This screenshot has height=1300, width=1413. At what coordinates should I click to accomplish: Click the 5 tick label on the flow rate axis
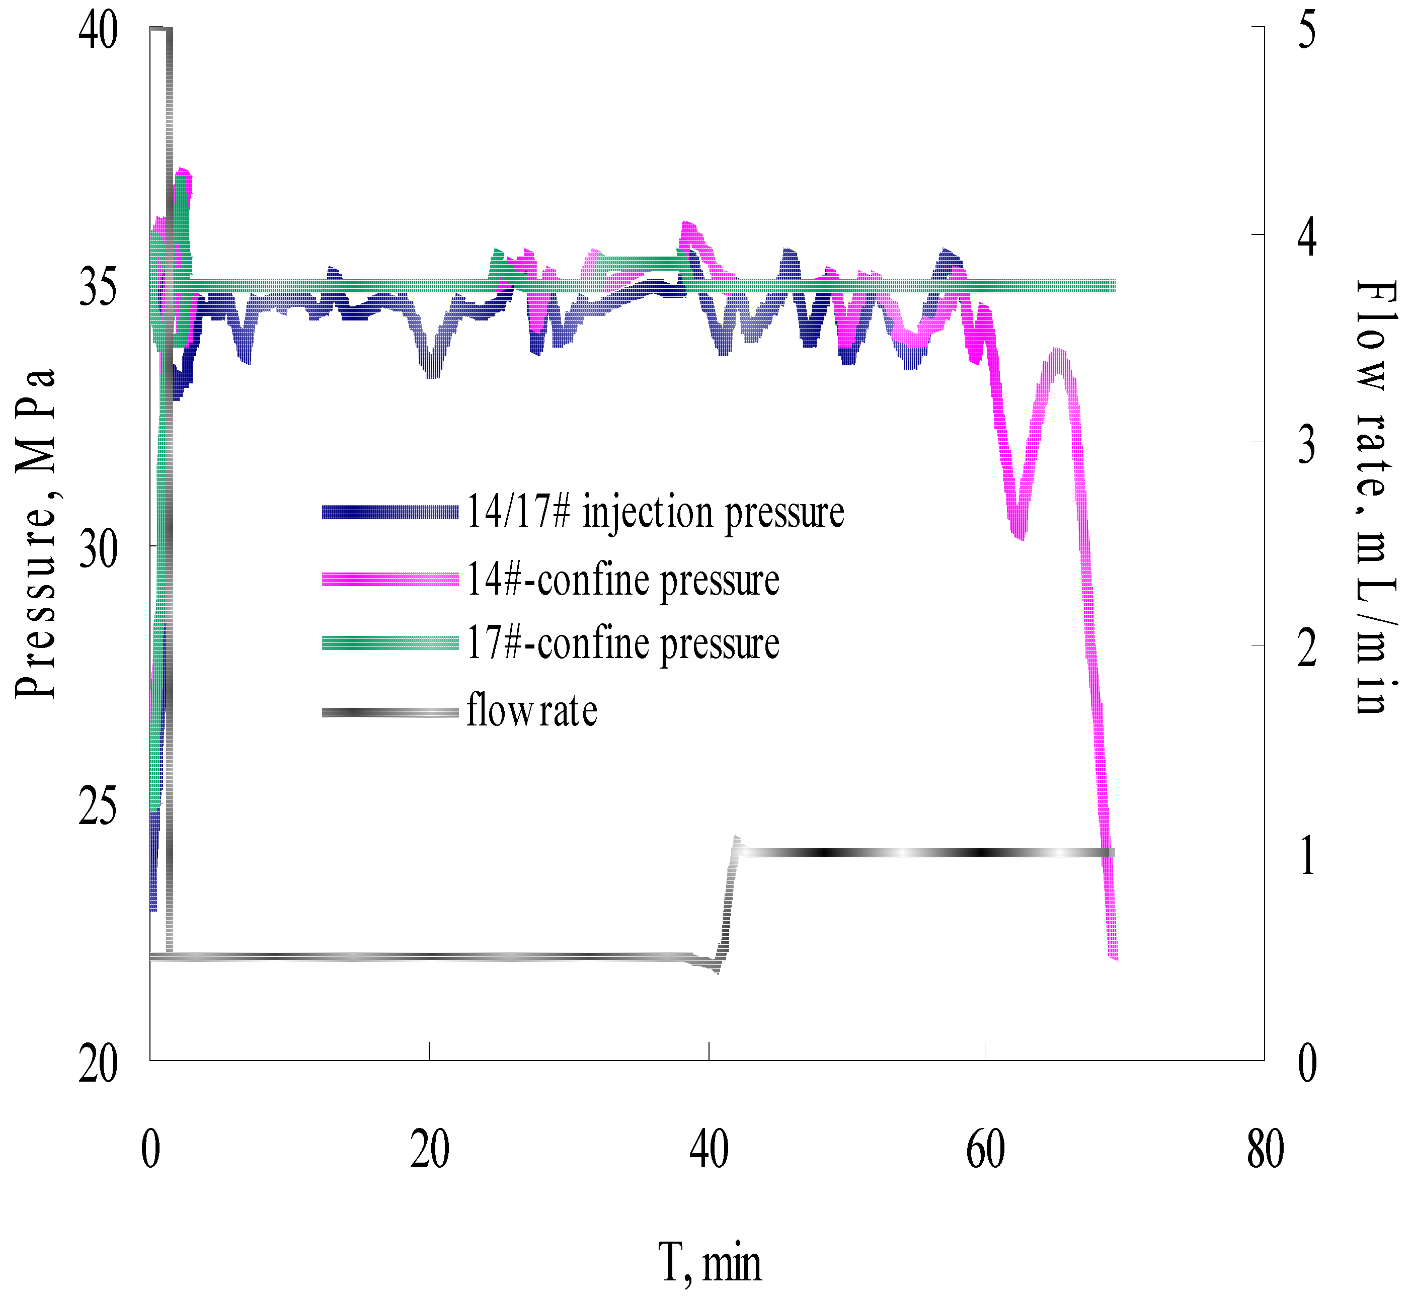1307,32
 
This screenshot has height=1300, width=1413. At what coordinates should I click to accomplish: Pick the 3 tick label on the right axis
1307,445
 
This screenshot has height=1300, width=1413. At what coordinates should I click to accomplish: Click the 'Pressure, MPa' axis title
35,535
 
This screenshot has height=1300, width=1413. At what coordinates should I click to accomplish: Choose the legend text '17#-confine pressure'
623,643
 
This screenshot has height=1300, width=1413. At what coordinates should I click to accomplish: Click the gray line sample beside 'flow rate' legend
390,712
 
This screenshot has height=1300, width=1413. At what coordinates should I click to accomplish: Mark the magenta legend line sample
390,580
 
